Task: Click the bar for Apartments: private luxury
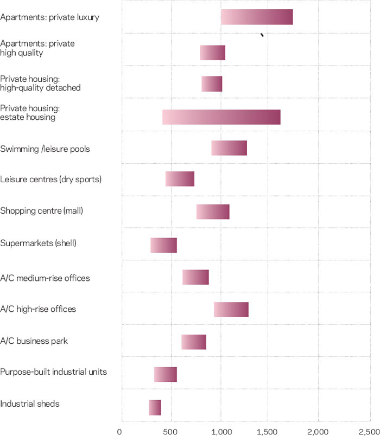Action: (x=257, y=17)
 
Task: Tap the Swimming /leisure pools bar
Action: (x=229, y=148)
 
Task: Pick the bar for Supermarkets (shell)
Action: (x=163, y=245)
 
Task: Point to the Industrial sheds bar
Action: (x=155, y=407)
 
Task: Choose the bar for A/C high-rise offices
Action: (x=231, y=310)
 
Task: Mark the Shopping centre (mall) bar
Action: (x=213, y=212)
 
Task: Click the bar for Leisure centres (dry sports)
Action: (x=180, y=179)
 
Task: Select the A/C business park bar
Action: (x=194, y=342)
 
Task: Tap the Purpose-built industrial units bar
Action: (x=166, y=375)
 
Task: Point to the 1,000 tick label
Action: (x=221, y=431)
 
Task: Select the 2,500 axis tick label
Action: (x=369, y=431)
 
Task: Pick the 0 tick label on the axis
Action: (x=120, y=431)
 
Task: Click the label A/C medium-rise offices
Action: (x=45, y=278)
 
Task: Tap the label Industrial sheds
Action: (x=30, y=404)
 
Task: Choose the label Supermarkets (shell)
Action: (x=39, y=243)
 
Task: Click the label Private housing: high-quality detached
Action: (x=40, y=83)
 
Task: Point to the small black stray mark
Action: (x=262, y=35)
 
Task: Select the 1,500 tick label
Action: (x=270, y=431)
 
